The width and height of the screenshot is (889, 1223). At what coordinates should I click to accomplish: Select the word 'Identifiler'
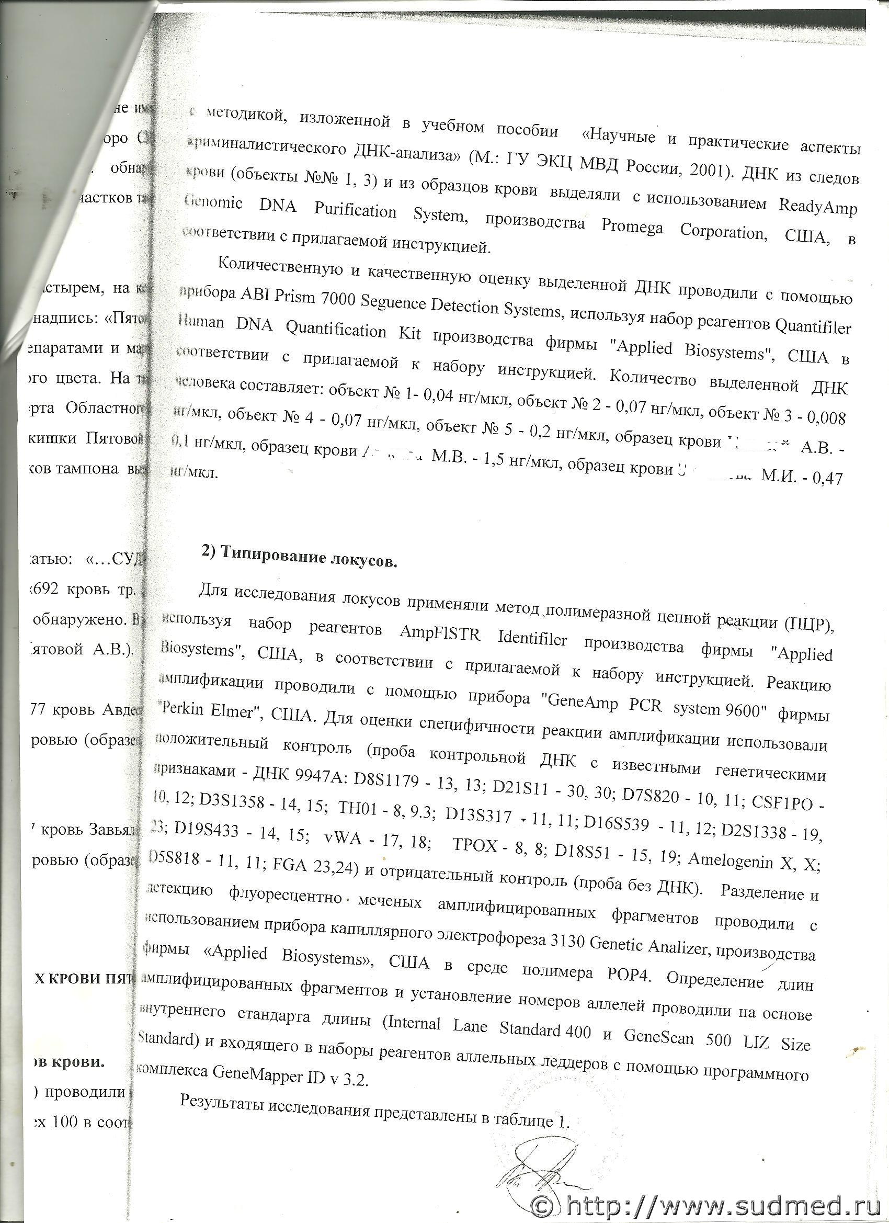point(531,640)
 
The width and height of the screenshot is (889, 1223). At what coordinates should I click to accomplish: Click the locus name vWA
point(341,841)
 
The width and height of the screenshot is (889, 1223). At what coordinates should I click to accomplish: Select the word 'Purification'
point(355,211)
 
